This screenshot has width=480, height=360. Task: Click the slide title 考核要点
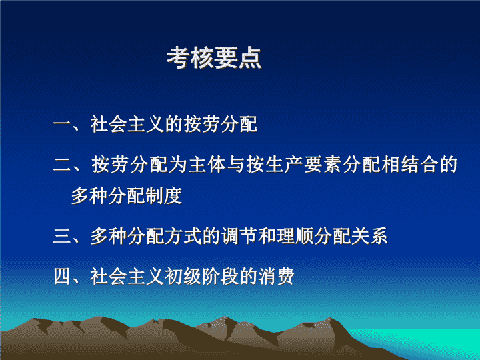pos(214,57)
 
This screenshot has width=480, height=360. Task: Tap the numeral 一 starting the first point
pos(63,124)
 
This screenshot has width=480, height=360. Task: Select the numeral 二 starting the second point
pos(63,165)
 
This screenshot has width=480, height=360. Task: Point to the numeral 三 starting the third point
pos(63,236)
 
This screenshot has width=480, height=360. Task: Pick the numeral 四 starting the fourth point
pos(63,277)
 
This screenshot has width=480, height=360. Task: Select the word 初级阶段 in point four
pos(201,277)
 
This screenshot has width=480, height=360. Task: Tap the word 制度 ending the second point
pos(164,195)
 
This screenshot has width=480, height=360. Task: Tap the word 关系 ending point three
pos(369,236)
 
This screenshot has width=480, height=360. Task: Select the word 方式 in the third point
pos(183,236)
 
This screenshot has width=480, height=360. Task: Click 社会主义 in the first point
pos(127,124)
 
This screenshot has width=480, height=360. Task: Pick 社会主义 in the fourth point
pos(127,277)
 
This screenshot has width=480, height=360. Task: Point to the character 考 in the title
pos(178,57)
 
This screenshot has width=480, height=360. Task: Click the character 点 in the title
pos(250,57)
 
